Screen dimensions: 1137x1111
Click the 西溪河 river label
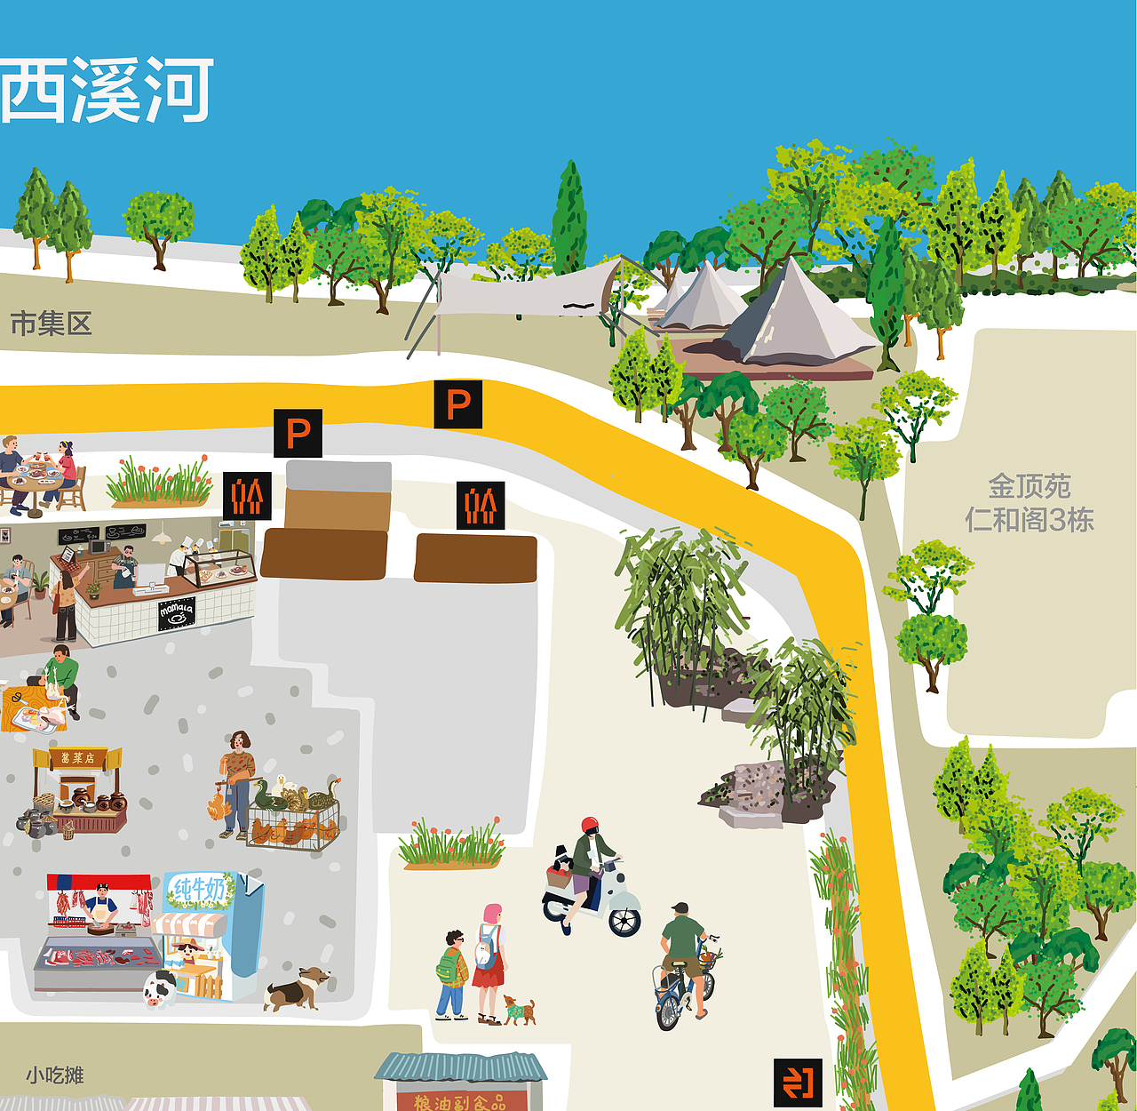pyautogui.click(x=107, y=90)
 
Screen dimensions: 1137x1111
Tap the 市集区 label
pyautogui.click(x=51, y=324)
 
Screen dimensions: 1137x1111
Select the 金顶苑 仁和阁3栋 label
pyautogui.click(x=1030, y=503)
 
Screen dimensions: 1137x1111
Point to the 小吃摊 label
pyautogui.click(x=54, y=1075)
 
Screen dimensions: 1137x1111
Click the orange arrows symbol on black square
pyautogui.click(x=797, y=1082)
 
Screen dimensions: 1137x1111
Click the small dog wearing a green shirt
pyautogui.click(x=518, y=1010)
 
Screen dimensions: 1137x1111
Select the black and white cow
pyautogui.click(x=159, y=988)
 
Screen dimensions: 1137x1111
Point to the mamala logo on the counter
pyautogui.click(x=176, y=612)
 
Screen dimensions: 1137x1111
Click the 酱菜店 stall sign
pyautogui.click(x=77, y=758)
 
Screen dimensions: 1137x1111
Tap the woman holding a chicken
pyautogui.click(x=237, y=783)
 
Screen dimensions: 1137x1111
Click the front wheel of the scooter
pyautogui.click(x=625, y=921)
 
